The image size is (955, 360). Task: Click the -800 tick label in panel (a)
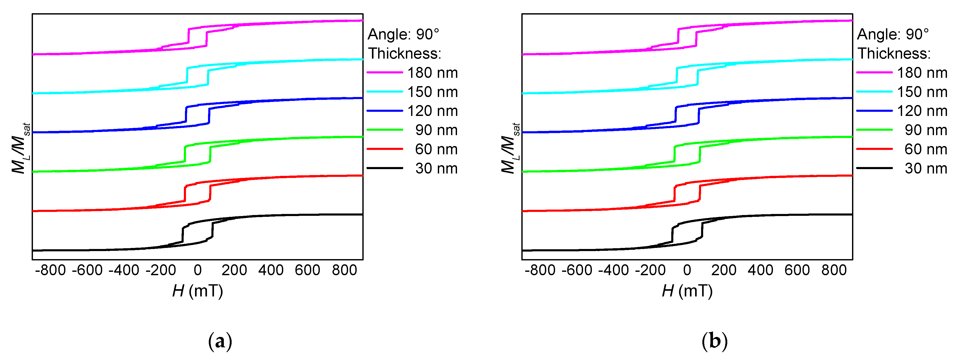tap(50, 270)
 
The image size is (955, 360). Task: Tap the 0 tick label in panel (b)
tap(687, 270)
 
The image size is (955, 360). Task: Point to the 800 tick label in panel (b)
tap(834, 270)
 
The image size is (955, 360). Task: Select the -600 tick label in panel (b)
tap(577, 270)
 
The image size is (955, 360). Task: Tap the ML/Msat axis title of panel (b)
tap(510, 148)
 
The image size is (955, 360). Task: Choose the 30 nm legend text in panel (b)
tap(926, 168)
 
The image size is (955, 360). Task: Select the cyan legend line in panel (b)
tap(874, 92)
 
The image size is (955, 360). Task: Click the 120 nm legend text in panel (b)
tap(922, 111)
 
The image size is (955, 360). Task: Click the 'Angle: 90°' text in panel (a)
tap(403, 34)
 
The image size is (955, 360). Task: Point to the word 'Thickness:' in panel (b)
tap(894, 54)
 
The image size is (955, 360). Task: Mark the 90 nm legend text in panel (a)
tap(436, 130)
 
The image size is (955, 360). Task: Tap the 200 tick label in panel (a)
tap(234, 270)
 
